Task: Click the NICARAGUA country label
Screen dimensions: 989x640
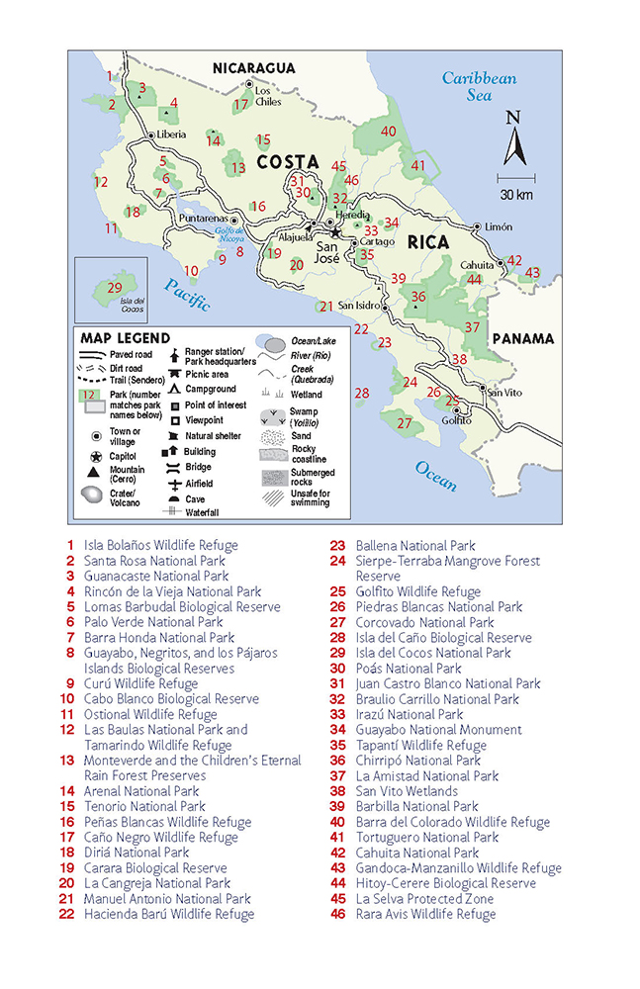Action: tap(254, 67)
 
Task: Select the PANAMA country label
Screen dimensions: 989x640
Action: tap(522, 338)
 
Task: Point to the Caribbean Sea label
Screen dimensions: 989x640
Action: tap(479, 87)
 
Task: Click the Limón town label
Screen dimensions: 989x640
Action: tap(499, 226)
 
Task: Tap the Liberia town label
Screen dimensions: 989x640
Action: tap(171, 135)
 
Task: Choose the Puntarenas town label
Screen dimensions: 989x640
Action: tap(203, 219)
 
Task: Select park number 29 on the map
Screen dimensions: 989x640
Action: tap(115, 287)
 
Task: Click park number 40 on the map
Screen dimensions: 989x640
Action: tap(389, 132)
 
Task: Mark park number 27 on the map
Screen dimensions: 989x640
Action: tap(404, 422)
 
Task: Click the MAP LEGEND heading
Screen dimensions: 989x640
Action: tap(126, 338)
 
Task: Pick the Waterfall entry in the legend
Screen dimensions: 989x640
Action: tap(201, 512)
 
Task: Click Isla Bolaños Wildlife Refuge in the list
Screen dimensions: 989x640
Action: tap(160, 545)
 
